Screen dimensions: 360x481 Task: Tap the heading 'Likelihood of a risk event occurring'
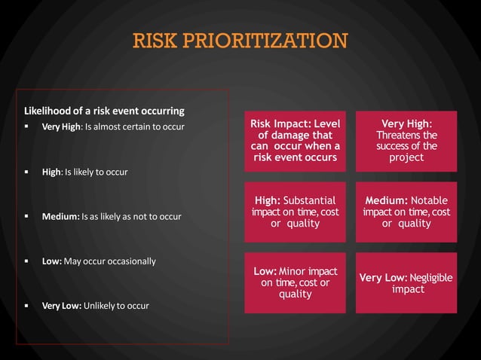tap(105, 111)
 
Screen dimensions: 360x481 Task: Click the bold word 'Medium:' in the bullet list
tap(60, 217)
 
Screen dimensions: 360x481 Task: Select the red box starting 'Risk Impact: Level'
tap(295, 140)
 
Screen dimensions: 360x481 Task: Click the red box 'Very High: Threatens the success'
tap(406, 140)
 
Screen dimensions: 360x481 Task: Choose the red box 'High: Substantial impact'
tap(295, 212)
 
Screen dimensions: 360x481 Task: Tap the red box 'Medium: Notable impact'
tap(406, 212)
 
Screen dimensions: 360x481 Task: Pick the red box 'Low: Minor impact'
tap(295, 282)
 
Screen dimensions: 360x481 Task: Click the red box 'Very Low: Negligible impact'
tap(406, 282)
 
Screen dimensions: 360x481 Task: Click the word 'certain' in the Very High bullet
tap(142, 126)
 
